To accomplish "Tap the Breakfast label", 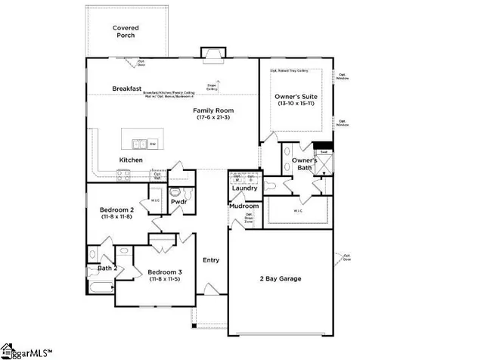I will coord(128,88).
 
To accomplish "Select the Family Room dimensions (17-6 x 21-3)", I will coord(213,117).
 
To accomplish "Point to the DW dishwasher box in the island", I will coord(153,144).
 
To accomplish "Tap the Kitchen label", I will coord(131,160).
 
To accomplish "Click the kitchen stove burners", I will coord(124,175).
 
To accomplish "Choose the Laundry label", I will coord(245,188).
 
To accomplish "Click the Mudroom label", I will coord(245,206).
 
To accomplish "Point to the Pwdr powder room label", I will coord(179,202).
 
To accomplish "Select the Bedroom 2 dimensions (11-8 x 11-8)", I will coord(116,216).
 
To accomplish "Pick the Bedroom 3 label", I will coord(165,272).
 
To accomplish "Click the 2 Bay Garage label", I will coord(280,278).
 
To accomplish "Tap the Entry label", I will coord(211,260).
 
